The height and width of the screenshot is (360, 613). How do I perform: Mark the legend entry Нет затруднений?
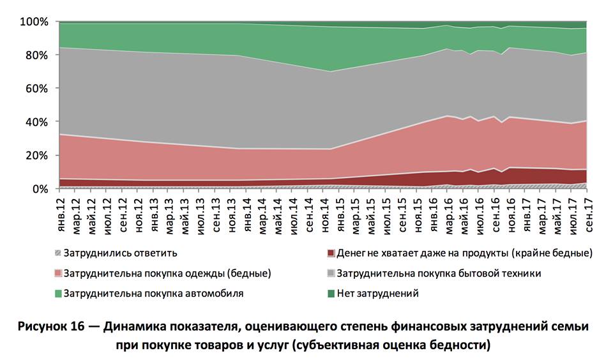point(377,294)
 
